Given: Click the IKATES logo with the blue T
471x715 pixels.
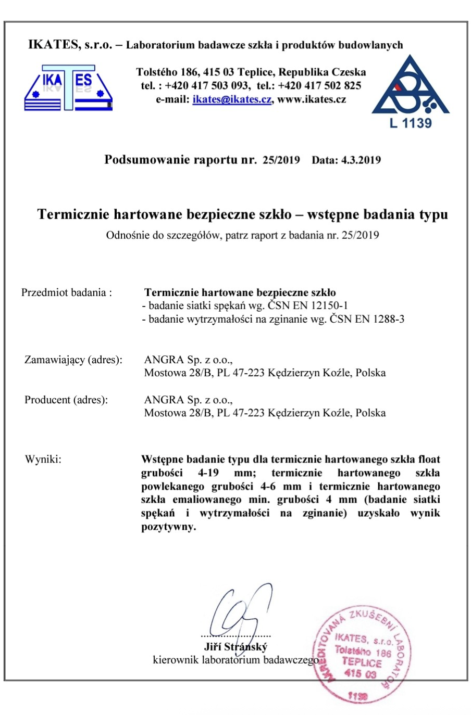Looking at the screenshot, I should pos(68,87).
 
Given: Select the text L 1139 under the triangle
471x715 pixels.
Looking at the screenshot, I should pos(411,123).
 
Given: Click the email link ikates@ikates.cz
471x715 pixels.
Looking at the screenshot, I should pos(232,99).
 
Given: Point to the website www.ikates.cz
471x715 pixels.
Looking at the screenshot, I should pos(312,99).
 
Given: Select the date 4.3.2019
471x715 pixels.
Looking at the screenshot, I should pos(361,160).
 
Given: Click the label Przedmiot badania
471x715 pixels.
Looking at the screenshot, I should pos(66,292).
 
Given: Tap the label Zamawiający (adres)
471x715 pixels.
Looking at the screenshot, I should pos(73,360).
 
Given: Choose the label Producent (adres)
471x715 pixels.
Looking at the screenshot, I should pos(66,400).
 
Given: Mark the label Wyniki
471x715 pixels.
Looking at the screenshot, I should pos(43,459).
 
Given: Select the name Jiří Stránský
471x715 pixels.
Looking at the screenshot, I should pos(235,647).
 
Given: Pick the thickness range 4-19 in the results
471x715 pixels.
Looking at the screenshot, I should pos(208,473).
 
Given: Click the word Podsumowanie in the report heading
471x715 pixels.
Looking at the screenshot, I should pos(147,160).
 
